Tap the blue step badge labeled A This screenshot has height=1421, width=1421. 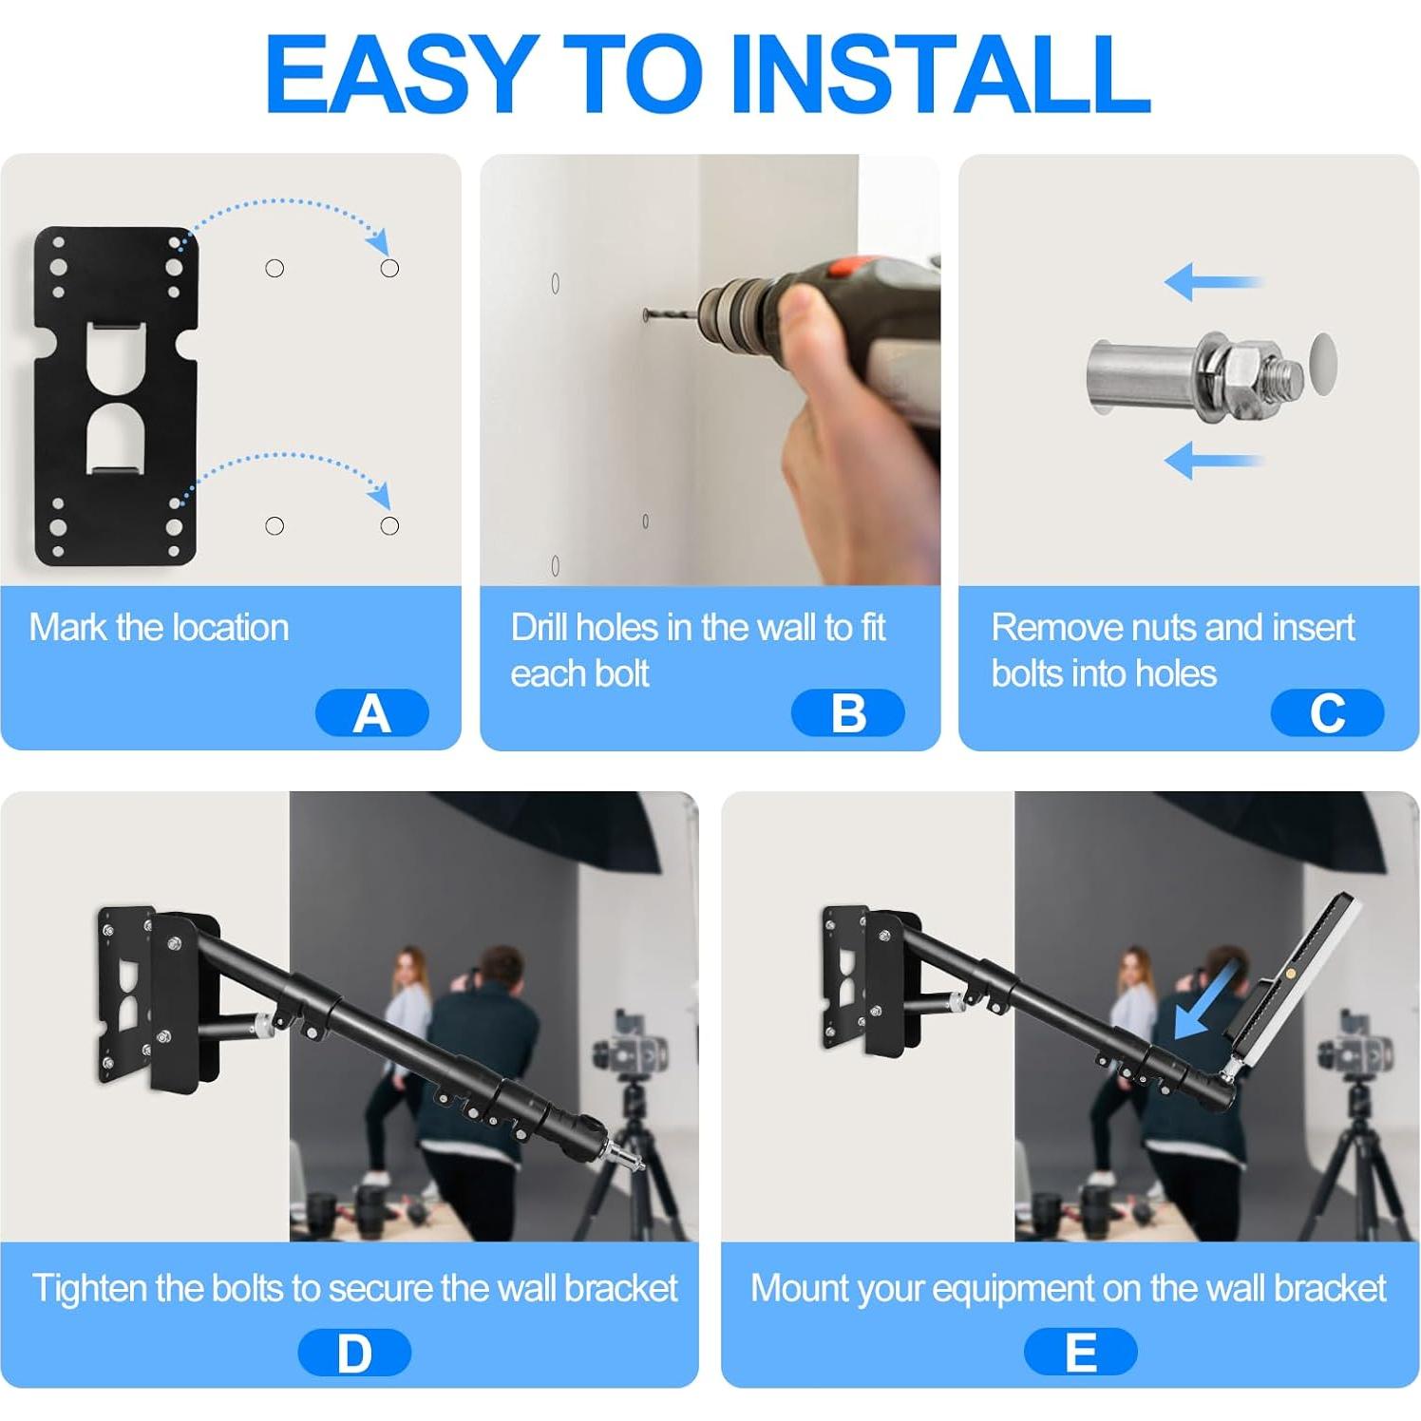coord(371,713)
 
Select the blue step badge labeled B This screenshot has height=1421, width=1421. coord(847,713)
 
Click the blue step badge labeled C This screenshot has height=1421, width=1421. coord(1326,713)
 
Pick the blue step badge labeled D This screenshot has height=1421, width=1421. coord(354,1353)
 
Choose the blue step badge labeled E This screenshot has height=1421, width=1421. coord(1080,1353)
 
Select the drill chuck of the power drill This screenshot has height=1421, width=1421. coord(731,311)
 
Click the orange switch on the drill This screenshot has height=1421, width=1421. coord(843,267)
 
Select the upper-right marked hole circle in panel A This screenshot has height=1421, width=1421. coord(389,269)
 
